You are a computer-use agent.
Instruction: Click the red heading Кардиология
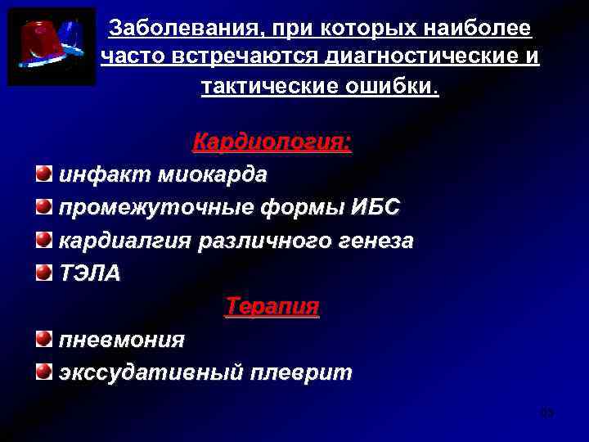pyautogui.click(x=272, y=143)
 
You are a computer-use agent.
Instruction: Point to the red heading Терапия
pyautogui.click(x=272, y=307)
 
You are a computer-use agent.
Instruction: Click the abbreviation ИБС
pyautogui.click(x=375, y=208)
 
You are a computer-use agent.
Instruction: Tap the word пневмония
pyautogui.click(x=121, y=340)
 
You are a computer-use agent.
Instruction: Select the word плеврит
pyautogui.click(x=302, y=373)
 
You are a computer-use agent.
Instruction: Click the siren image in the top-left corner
pyautogui.click(x=52, y=47)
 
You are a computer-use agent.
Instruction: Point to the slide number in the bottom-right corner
pyautogui.click(x=547, y=413)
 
